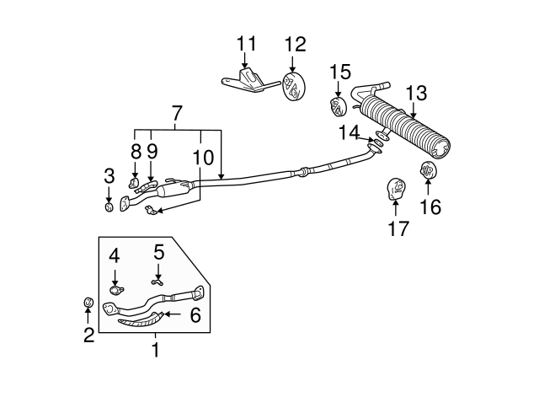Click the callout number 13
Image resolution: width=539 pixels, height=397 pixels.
(x=416, y=94)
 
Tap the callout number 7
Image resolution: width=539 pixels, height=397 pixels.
(x=176, y=113)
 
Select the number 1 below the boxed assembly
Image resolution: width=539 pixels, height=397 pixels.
(x=156, y=350)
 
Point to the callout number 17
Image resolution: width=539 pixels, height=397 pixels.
(x=398, y=228)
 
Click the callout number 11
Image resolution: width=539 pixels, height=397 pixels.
(x=247, y=43)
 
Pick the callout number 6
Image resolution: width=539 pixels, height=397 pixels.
(x=195, y=314)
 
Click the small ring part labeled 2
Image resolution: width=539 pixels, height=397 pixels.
(x=88, y=303)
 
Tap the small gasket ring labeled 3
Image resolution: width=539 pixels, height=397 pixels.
(x=109, y=207)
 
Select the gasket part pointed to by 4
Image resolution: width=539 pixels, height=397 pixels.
(x=115, y=290)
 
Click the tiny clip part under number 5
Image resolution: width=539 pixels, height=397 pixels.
(x=157, y=282)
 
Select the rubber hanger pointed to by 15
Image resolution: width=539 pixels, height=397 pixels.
(x=339, y=107)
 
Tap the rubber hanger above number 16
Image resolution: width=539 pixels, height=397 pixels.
(x=429, y=170)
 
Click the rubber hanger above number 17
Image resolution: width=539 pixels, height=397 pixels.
(x=396, y=189)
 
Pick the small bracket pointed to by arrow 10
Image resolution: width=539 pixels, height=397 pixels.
(x=150, y=210)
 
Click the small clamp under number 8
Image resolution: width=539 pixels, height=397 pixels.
(x=133, y=183)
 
